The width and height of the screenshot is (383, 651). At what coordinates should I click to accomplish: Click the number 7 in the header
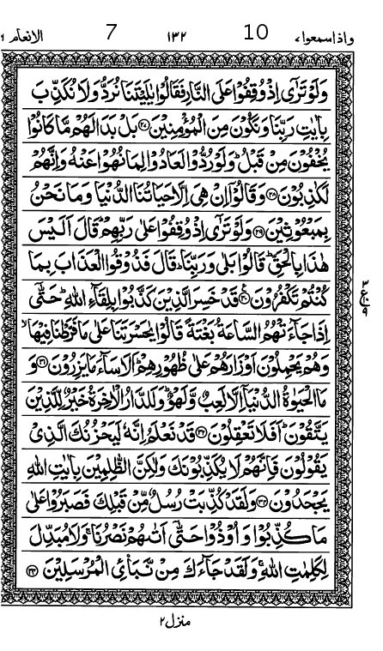(111, 33)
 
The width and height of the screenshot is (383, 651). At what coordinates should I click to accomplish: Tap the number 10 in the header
(256, 33)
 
